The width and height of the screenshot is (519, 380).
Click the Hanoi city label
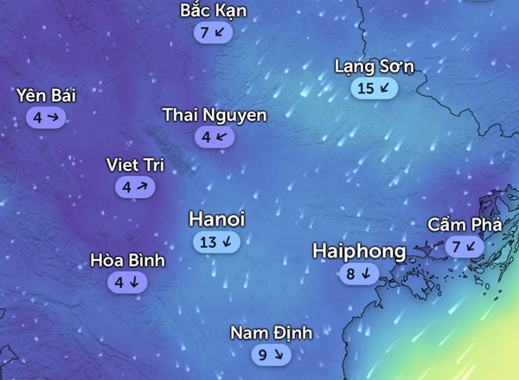[x=216, y=220]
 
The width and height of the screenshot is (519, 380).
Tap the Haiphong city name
[x=359, y=251]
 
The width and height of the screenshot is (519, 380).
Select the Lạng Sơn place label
[x=375, y=66]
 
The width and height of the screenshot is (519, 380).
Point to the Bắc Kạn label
[x=214, y=11]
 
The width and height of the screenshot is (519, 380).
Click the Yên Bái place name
[x=45, y=95]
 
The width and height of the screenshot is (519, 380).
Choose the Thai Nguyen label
[x=215, y=115]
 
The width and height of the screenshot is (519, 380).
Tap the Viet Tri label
[x=134, y=165]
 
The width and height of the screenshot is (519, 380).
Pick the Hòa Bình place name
[x=127, y=260]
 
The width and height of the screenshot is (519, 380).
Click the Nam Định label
[x=271, y=332]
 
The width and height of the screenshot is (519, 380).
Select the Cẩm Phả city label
[x=465, y=225]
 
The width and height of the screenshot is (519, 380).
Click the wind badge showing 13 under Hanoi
[x=216, y=242]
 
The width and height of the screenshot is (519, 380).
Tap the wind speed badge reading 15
[x=375, y=87]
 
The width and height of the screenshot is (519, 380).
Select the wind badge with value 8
[x=359, y=275]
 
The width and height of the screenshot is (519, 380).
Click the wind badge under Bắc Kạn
[x=214, y=33]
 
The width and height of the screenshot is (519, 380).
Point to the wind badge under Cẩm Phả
[x=465, y=247]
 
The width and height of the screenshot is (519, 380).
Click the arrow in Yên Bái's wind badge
[x=53, y=116]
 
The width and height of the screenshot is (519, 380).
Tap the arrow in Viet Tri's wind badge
[x=141, y=187]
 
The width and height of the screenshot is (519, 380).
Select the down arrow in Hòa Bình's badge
[x=134, y=282]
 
